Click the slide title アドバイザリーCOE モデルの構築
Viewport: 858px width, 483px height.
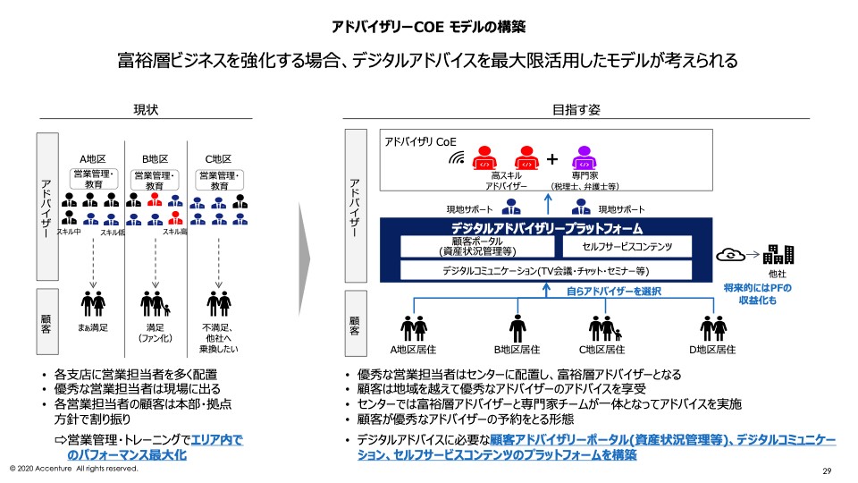click(x=429, y=26)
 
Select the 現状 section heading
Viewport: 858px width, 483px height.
click(x=145, y=109)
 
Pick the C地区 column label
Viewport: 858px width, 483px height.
click(x=218, y=158)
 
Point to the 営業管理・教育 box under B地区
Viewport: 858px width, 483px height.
click(x=156, y=180)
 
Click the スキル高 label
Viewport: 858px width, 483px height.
click(x=174, y=232)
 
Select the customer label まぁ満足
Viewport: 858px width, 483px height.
click(x=92, y=328)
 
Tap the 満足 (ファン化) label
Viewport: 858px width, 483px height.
click(x=156, y=333)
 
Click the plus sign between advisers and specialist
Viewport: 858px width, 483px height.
click(x=552, y=159)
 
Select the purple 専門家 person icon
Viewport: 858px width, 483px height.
click(x=583, y=158)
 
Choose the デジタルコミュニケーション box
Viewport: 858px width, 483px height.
click(x=545, y=270)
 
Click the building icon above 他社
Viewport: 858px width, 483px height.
click(x=776, y=255)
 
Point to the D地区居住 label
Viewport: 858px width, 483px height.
click(x=712, y=349)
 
